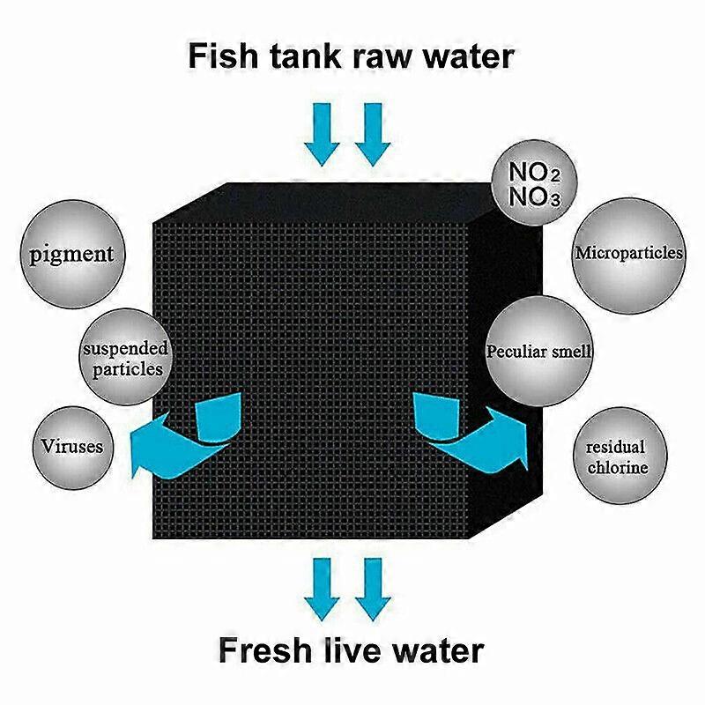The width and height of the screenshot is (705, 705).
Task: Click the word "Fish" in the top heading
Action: [224, 56]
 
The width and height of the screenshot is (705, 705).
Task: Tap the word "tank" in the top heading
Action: [305, 56]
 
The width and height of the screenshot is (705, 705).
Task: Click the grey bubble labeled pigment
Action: [72, 254]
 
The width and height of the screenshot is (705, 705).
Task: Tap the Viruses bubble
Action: [73, 448]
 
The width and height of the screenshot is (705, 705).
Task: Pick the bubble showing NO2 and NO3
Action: [534, 182]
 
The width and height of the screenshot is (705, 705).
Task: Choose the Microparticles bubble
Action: [629, 255]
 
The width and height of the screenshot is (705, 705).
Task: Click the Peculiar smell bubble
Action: [538, 351]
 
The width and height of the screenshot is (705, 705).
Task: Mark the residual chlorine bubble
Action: [620, 456]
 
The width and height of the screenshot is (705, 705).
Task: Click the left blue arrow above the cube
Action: [322, 135]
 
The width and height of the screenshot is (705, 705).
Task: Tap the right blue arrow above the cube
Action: [373, 135]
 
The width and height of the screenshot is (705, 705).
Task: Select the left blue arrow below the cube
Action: [322, 590]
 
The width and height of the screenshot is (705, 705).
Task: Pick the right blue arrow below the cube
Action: [373, 590]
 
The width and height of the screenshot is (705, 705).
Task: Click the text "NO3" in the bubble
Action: [535, 197]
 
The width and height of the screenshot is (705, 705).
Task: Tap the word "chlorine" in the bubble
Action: [618, 468]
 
